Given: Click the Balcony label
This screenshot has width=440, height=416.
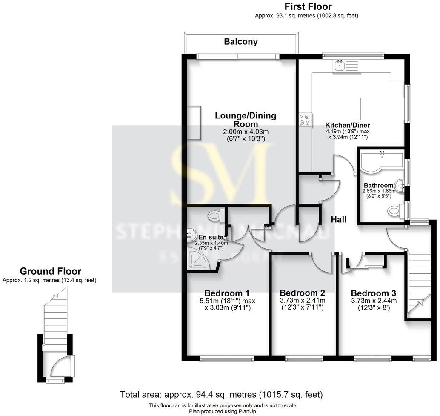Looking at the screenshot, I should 241,42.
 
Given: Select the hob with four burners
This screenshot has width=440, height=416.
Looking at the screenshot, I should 305,119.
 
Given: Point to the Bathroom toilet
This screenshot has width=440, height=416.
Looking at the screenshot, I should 395,209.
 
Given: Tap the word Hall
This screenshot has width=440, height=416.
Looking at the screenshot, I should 339,220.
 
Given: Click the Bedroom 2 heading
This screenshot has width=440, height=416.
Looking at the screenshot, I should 302,293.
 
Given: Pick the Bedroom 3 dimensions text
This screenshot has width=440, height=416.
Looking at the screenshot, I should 373,304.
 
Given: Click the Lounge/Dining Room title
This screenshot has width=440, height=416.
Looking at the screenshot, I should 245,120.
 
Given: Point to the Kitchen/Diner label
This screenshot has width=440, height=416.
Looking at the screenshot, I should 347,125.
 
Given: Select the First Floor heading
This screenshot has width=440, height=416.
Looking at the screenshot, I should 308,6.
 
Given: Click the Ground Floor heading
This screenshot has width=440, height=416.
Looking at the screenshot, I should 50,271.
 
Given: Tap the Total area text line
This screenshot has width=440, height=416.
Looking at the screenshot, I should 221,394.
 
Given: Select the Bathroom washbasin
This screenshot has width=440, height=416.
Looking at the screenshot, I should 399,185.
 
